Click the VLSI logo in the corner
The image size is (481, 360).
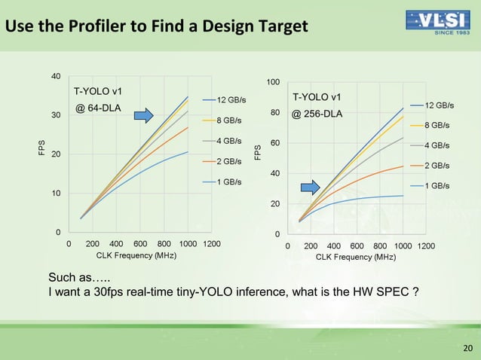tap(438, 23)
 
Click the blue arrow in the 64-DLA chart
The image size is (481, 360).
tap(144, 115)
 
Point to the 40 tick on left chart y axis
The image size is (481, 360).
tap(55, 76)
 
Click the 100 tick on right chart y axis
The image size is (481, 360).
tap(273, 81)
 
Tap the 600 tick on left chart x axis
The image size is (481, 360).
tap(140, 244)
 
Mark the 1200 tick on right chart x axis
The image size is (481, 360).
tap(426, 246)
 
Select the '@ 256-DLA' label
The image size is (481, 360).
tap(317, 114)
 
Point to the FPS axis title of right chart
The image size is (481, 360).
tap(258, 151)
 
